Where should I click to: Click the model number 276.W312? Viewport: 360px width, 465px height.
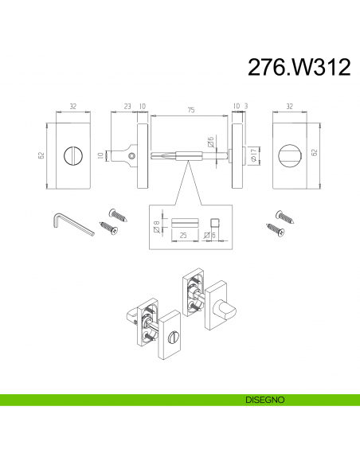299,67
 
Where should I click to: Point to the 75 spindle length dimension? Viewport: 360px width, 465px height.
191,110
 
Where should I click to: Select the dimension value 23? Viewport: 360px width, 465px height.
127,106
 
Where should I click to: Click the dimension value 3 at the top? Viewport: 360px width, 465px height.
246,106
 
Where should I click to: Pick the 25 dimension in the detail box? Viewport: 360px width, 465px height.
183,235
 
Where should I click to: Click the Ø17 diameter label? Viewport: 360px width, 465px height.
253,155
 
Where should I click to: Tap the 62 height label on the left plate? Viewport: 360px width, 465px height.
41,155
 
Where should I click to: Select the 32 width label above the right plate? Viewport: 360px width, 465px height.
289,106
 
